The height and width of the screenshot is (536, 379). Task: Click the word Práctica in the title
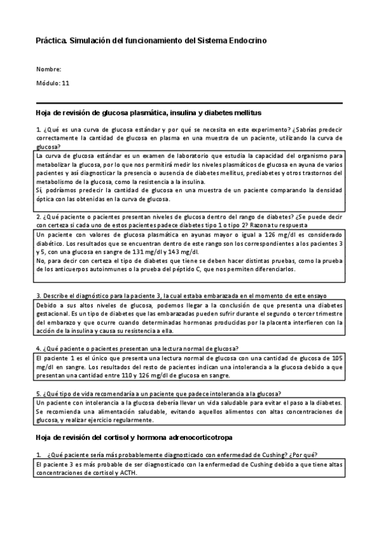point(51,40)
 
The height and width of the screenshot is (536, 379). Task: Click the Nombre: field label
point(49,69)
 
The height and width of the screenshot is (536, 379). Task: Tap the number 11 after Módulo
point(66,83)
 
